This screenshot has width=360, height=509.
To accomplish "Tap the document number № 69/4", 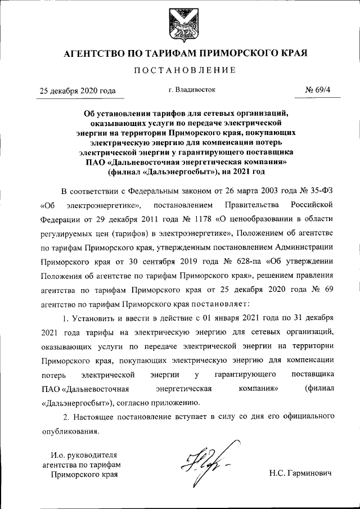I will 317,90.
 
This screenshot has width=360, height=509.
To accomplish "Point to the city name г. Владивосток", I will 192,89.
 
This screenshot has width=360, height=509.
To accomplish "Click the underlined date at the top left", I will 77,91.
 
